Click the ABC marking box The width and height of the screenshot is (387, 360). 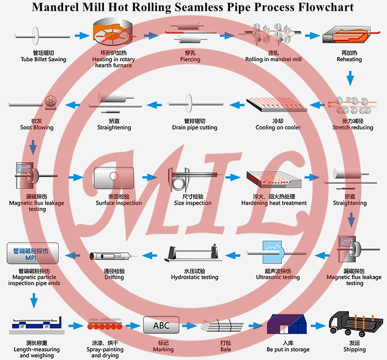(x=161, y=325)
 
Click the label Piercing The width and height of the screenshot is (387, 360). (x=190, y=59)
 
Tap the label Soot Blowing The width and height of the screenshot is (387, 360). (x=37, y=127)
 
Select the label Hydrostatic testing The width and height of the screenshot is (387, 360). (x=195, y=277)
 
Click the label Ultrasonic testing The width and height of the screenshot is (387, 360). (x=278, y=277)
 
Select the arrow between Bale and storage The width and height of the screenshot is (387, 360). (x=255, y=325)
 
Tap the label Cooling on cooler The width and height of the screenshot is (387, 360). (x=278, y=127)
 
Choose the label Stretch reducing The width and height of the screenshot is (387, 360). (x=353, y=127)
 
